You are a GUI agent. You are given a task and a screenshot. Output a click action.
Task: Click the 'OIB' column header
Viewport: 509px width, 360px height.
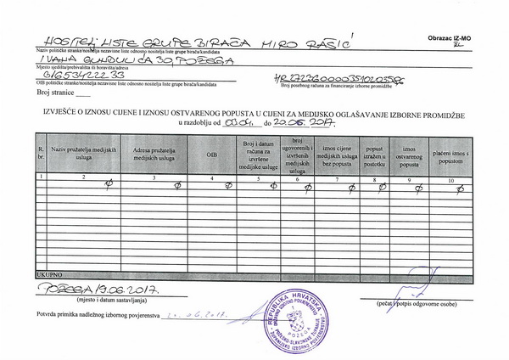[x=212, y=155]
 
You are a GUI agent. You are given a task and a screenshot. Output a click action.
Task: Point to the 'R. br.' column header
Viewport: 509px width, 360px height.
[x=39, y=154]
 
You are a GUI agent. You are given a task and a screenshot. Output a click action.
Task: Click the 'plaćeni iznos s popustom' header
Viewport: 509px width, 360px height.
[x=450, y=155]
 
